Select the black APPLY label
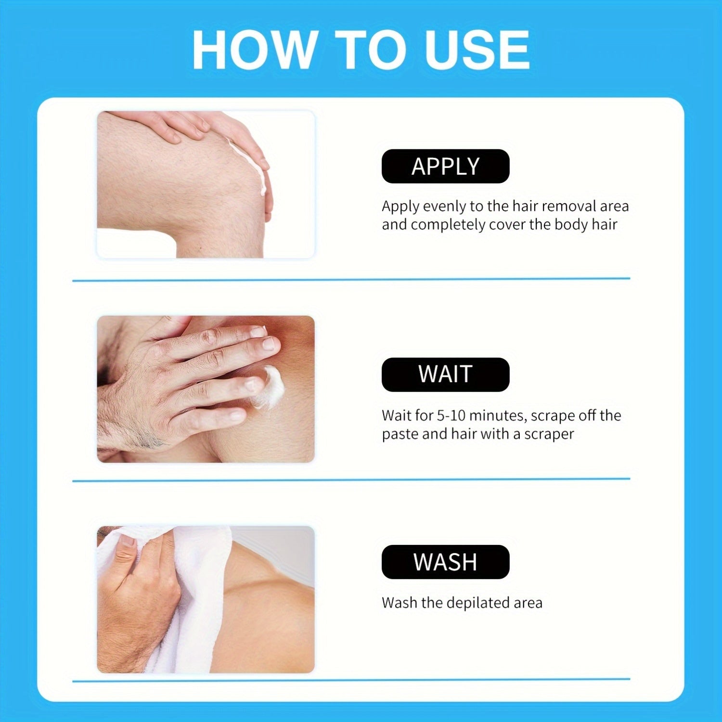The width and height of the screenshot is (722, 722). (445, 166)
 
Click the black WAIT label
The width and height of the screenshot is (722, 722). (445, 374)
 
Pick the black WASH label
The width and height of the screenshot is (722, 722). (445, 562)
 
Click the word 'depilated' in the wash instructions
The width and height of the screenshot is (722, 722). (480, 603)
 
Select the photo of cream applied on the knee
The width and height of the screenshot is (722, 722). (206, 185)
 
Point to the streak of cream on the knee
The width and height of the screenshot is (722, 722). (250, 166)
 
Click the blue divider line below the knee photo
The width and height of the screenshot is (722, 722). (351, 279)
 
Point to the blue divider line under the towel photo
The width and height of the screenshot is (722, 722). (351, 680)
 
